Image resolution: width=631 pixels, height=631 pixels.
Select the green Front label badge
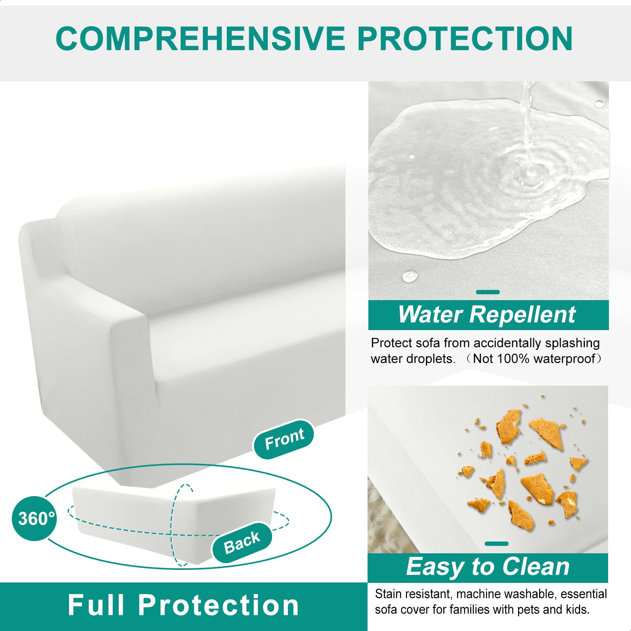284,439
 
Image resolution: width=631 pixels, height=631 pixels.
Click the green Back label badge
242,542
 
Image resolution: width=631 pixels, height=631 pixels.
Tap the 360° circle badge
35,518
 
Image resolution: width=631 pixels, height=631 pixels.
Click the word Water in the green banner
430,315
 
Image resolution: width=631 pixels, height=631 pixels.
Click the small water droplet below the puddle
410,276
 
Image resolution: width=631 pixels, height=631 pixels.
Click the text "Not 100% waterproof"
534,359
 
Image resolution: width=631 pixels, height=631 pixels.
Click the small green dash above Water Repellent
488,292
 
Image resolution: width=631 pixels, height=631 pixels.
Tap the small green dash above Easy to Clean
497,544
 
